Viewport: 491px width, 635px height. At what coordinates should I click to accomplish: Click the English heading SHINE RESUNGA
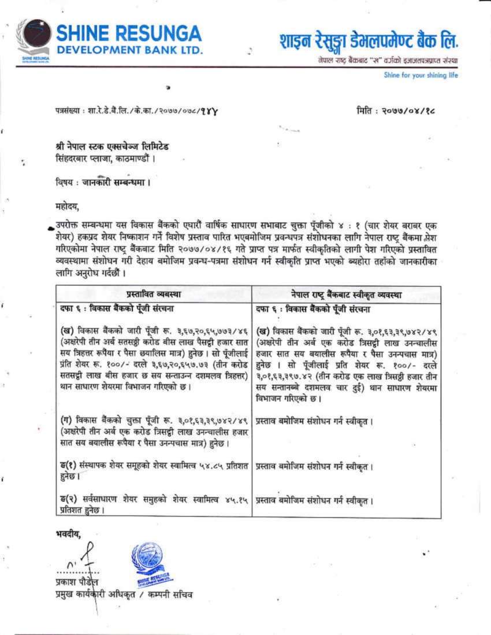coord(129,33)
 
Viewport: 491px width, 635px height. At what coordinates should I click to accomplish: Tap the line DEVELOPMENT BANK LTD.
coord(129,50)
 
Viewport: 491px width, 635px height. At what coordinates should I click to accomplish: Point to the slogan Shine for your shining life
coord(421,75)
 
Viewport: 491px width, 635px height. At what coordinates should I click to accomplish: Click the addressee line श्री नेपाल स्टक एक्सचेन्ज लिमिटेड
coord(109,147)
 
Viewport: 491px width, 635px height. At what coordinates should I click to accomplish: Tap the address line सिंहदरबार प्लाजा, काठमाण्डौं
coord(102,158)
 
